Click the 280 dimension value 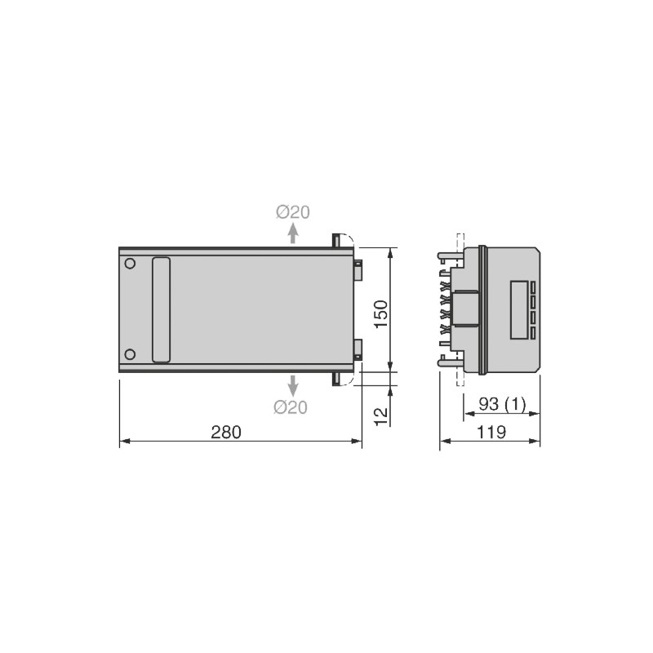[226, 432]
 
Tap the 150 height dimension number [381, 313]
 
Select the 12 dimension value [381, 414]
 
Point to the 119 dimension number [490, 432]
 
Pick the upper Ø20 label [293, 211]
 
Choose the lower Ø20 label [291, 407]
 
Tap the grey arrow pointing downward [293, 385]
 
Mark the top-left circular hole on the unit [130, 264]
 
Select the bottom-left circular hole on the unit [130, 353]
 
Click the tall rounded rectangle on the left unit [162, 309]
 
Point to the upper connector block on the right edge [358, 269]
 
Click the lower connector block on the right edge [358, 349]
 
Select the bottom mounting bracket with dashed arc [341, 378]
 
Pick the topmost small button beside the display [532, 287]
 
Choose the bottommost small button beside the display [532, 333]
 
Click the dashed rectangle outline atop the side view [460, 242]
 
